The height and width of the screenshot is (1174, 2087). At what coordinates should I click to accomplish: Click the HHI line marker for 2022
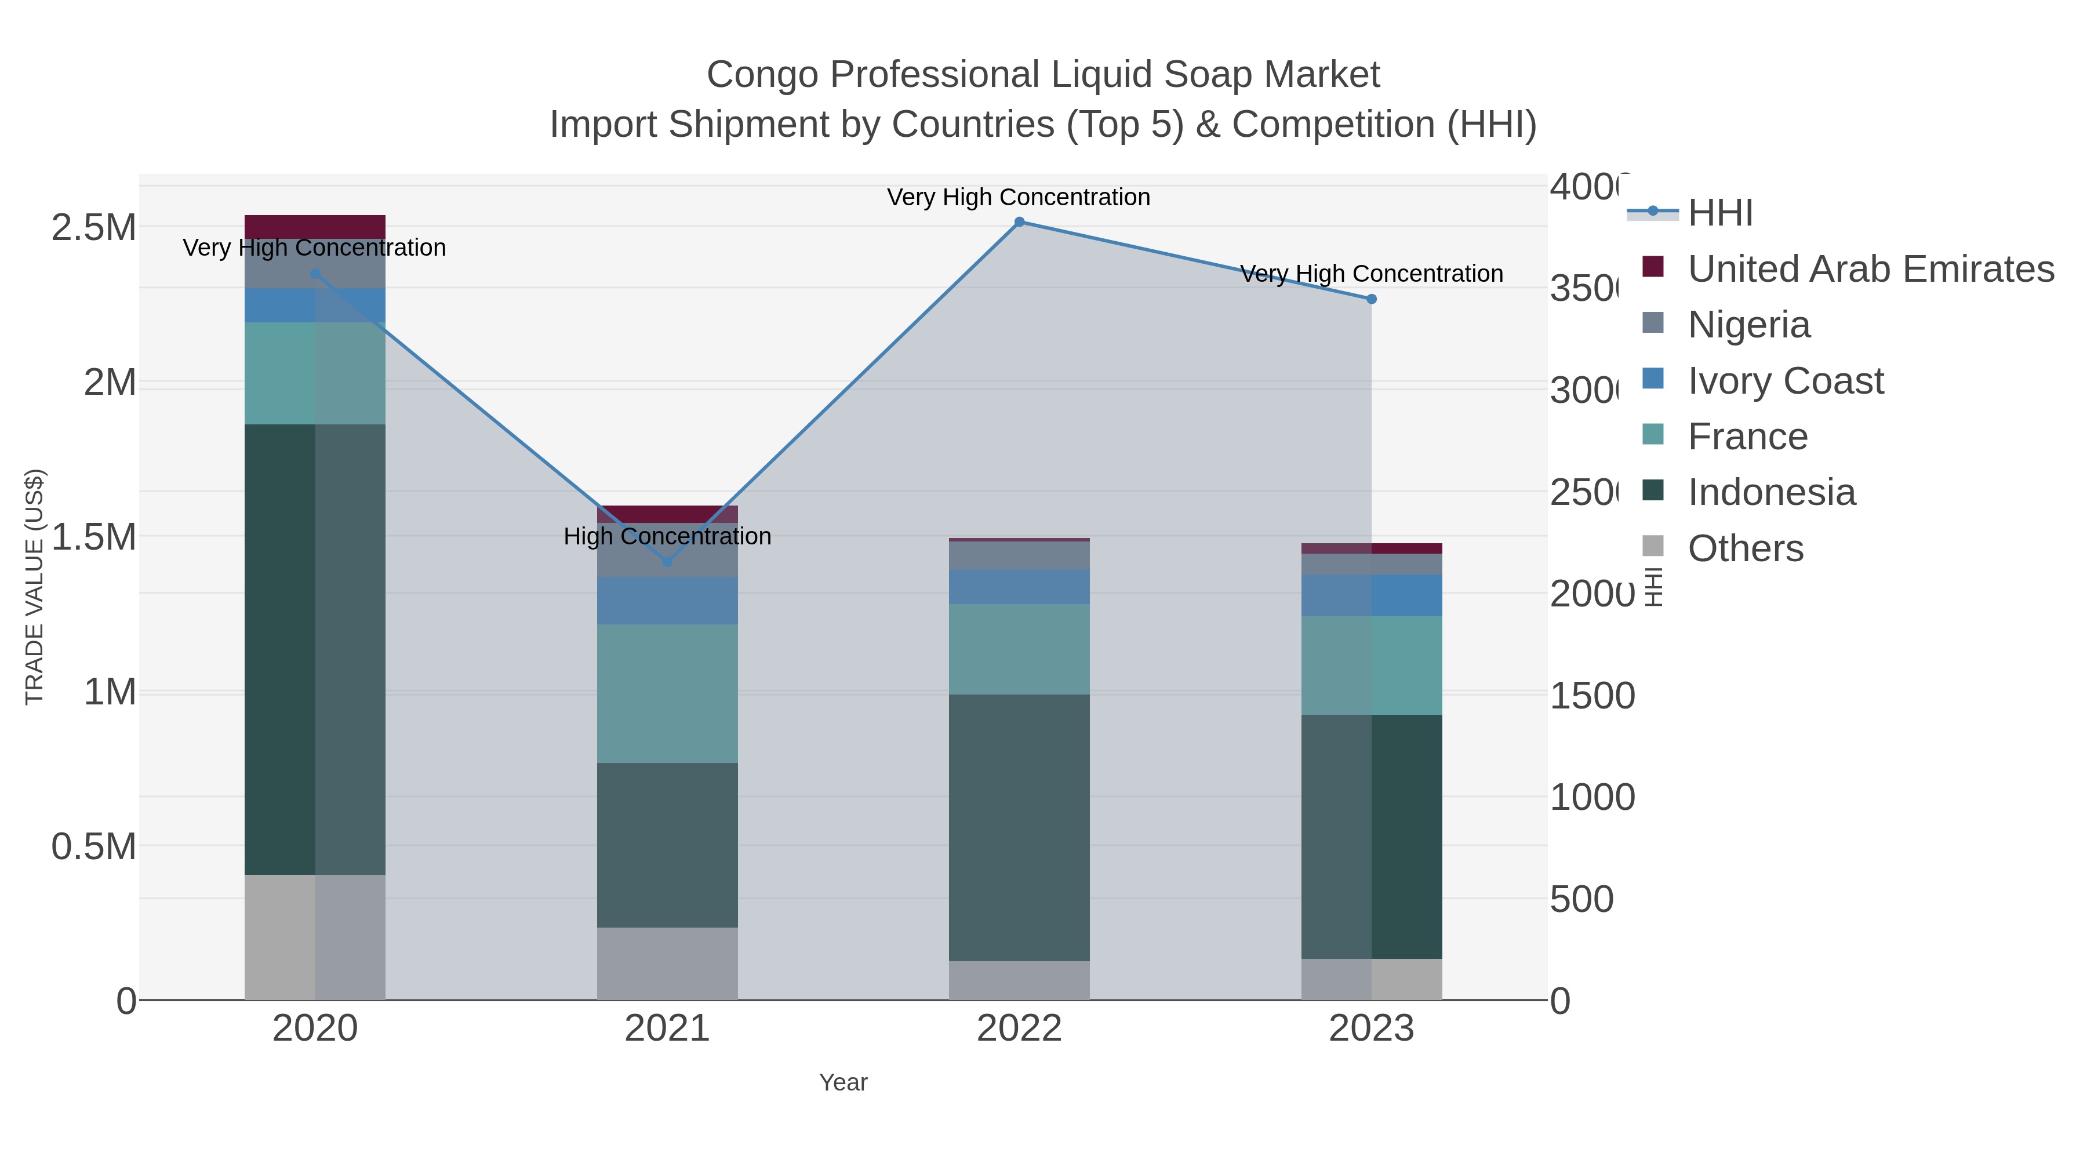(1019, 222)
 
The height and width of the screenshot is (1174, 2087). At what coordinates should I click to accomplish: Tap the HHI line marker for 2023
(1372, 299)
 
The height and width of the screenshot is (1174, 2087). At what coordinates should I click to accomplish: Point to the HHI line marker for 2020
(315, 274)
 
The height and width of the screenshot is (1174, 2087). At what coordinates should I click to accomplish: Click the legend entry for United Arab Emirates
(1871, 269)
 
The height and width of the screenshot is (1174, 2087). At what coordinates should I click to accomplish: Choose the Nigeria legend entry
(1748, 325)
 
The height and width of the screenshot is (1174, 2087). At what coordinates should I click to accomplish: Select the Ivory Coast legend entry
(1786, 381)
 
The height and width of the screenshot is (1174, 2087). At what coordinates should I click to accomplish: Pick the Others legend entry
(1745, 548)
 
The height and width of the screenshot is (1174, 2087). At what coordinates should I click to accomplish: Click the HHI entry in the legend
(1720, 213)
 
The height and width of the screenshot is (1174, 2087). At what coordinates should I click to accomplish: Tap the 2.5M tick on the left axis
(94, 228)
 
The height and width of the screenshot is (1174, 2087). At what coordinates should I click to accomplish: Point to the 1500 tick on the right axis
(1591, 695)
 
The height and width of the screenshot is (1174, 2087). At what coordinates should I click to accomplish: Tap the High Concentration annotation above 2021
(667, 536)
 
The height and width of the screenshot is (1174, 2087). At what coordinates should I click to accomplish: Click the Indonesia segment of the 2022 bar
(1019, 826)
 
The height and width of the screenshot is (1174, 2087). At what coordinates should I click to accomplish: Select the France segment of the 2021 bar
(667, 693)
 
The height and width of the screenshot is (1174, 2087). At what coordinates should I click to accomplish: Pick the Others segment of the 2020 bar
(315, 937)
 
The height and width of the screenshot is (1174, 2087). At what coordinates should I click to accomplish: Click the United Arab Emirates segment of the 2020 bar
(315, 227)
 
